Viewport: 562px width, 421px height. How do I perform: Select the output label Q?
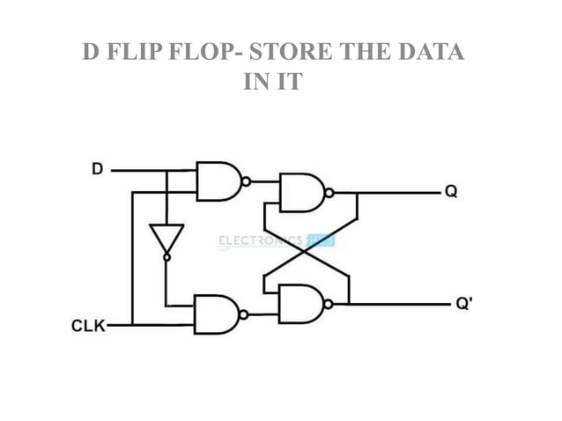pos(450,191)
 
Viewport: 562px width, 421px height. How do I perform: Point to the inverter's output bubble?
pos(166,257)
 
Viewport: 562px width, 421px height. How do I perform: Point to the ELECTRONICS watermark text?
pos(260,240)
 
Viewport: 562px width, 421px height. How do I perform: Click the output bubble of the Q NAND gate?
pos(329,192)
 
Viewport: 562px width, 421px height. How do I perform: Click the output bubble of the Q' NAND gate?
pos(329,305)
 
